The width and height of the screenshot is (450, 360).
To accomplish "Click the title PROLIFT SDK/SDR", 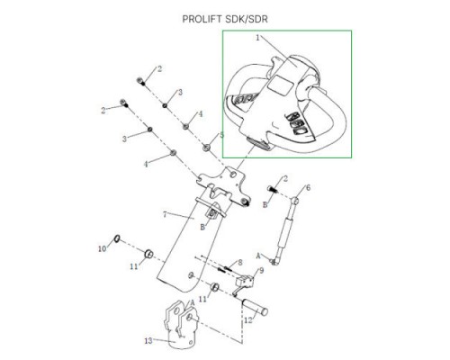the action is pos(225,19).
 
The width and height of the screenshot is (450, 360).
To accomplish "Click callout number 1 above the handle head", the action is pos(257,38).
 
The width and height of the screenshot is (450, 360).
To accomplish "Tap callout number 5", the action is pos(221,135).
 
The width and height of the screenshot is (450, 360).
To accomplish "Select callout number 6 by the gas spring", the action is pos(308,188).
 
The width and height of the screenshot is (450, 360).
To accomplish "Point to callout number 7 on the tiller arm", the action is pos(165,214).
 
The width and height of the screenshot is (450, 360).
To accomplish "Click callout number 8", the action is pos(240,263).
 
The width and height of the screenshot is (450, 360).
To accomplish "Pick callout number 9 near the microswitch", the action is pos(261,271).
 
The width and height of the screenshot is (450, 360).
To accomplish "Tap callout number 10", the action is pos(103,248).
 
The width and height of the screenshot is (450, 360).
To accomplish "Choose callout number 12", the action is pos(248,320).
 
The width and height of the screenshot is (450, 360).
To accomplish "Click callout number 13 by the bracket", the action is pos(148,341).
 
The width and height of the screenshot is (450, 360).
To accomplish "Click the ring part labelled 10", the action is pos(117,238).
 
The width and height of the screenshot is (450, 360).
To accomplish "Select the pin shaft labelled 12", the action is pos(255,308).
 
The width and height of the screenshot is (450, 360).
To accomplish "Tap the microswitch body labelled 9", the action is pos(245,282).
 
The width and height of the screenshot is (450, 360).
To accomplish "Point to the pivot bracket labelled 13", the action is pos(181,326).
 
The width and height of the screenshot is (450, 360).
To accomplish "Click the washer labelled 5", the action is pos(206,147).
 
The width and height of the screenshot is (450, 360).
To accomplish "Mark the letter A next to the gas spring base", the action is pos(258,256).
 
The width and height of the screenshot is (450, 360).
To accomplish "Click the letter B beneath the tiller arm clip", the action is pos(202,227).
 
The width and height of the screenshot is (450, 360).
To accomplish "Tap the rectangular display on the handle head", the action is pos(280,84).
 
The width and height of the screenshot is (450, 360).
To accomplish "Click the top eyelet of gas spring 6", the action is pos(295,201).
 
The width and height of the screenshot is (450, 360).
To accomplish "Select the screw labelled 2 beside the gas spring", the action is pos(273,189).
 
